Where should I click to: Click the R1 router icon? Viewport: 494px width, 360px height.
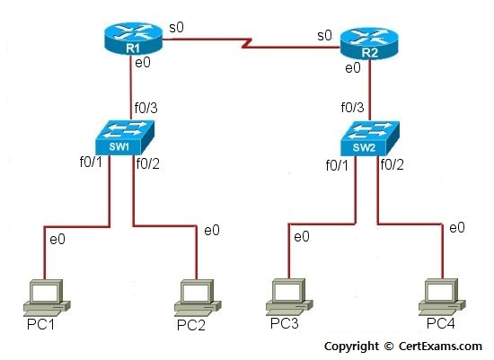click(x=133, y=39)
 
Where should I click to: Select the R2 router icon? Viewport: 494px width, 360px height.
click(x=369, y=43)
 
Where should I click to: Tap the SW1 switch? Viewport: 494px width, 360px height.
click(x=125, y=137)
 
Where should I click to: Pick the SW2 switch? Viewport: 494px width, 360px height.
click(x=370, y=138)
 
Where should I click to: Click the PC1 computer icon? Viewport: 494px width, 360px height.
click(x=47, y=298)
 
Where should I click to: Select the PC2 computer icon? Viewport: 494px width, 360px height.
click(x=198, y=298)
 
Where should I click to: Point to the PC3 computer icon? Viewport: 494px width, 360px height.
click(x=289, y=296)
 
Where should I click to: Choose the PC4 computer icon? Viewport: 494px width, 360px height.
click(x=442, y=296)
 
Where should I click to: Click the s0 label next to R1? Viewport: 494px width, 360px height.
click(x=176, y=28)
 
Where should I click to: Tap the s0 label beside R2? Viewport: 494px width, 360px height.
click(x=324, y=36)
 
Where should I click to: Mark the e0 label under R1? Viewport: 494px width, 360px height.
click(x=143, y=63)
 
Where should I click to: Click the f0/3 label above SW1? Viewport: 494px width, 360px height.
click(x=146, y=108)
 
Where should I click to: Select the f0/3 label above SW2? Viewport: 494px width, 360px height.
click(x=353, y=108)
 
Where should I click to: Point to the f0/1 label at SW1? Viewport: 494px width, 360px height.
click(x=91, y=162)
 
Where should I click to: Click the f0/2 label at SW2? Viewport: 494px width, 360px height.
click(x=392, y=164)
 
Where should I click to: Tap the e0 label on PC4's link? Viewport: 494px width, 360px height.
click(x=457, y=227)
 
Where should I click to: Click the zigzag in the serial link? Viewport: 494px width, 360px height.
click(x=247, y=43)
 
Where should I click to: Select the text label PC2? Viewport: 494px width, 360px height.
click(x=191, y=325)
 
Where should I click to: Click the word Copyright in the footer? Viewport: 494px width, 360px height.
click(x=351, y=347)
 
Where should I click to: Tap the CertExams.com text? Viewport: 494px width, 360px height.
click(x=440, y=346)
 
